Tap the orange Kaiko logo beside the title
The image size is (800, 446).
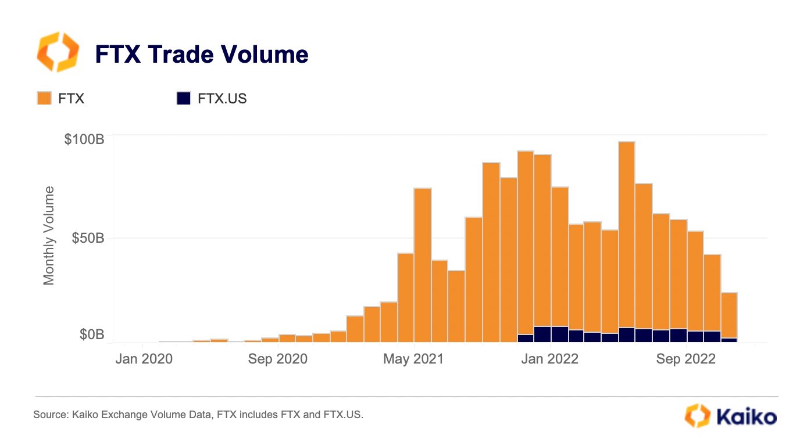point(57,52)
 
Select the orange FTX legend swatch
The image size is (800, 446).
point(44,98)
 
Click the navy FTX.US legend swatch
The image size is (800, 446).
point(184,98)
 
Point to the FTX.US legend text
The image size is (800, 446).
point(222,98)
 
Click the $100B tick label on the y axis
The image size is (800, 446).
point(84,139)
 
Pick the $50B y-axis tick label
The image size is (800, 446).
point(88,238)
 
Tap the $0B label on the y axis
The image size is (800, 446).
point(92,335)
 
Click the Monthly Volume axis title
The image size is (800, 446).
point(49,236)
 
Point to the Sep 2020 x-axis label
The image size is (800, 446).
point(278,359)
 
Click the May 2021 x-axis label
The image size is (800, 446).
point(413,359)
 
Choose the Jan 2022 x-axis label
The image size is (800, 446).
point(550,359)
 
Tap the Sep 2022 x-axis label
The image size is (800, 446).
point(687,359)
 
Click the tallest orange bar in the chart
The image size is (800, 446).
point(626,232)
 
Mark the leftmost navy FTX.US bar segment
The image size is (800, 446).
point(526,339)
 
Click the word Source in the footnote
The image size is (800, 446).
point(49,415)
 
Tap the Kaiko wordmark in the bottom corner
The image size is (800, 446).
point(746,416)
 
